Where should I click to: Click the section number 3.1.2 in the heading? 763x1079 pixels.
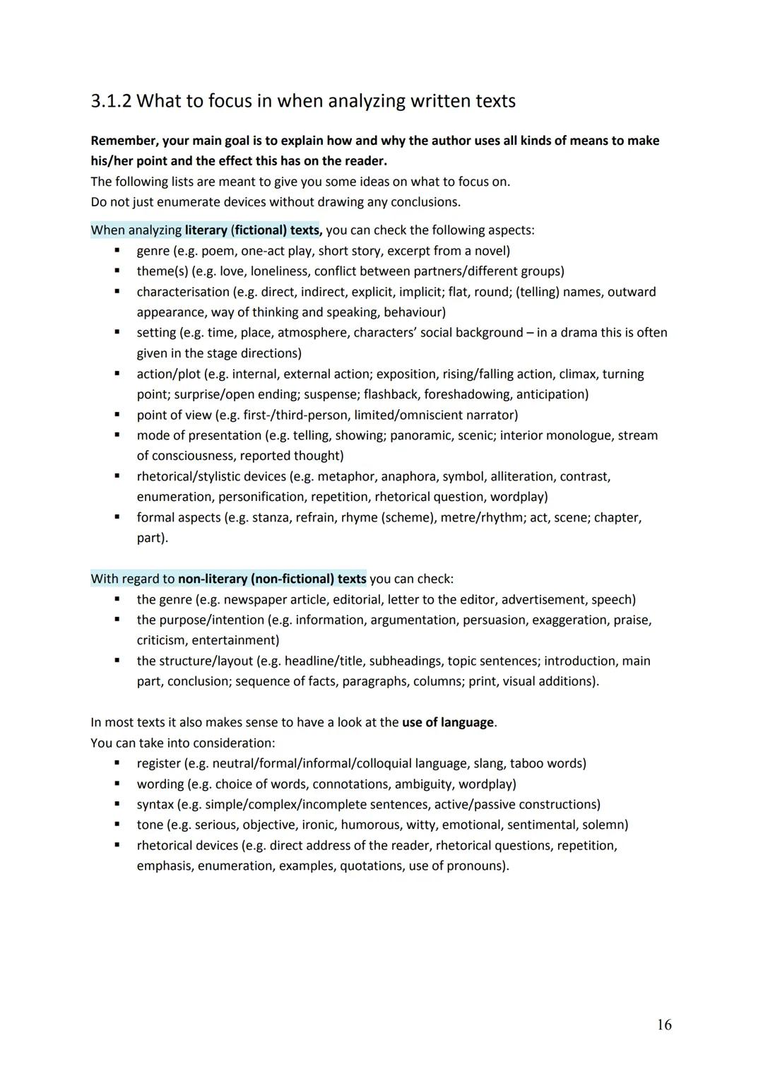coord(111,101)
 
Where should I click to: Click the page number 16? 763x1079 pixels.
coord(664,1025)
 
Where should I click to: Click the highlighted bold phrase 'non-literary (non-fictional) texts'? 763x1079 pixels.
coord(272,579)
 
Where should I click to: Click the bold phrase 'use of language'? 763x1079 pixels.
coord(448,723)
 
